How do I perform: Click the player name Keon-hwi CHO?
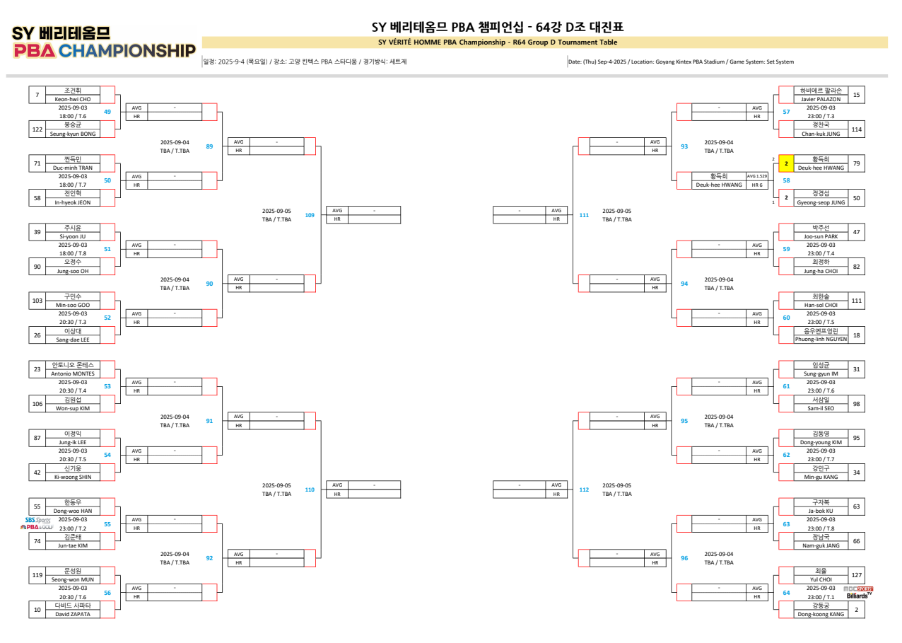click(73, 99)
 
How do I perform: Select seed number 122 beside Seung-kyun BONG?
click(37, 129)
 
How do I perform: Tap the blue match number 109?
click(310, 214)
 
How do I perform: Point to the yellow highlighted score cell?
click(786, 163)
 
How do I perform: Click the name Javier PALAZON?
click(821, 99)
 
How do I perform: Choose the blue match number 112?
click(584, 490)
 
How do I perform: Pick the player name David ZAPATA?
click(73, 614)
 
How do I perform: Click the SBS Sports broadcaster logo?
click(36, 523)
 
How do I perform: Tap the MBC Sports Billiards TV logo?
click(858, 592)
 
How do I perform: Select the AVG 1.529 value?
click(756, 176)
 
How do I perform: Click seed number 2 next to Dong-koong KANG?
click(856, 609)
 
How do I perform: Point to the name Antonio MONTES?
click(73, 373)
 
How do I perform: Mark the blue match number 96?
click(684, 558)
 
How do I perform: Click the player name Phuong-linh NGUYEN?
click(821, 339)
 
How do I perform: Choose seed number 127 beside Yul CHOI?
click(856, 575)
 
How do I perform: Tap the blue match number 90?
click(209, 284)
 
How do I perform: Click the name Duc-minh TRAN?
click(73, 168)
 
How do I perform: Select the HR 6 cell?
click(756, 185)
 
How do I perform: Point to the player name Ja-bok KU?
click(821, 511)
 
